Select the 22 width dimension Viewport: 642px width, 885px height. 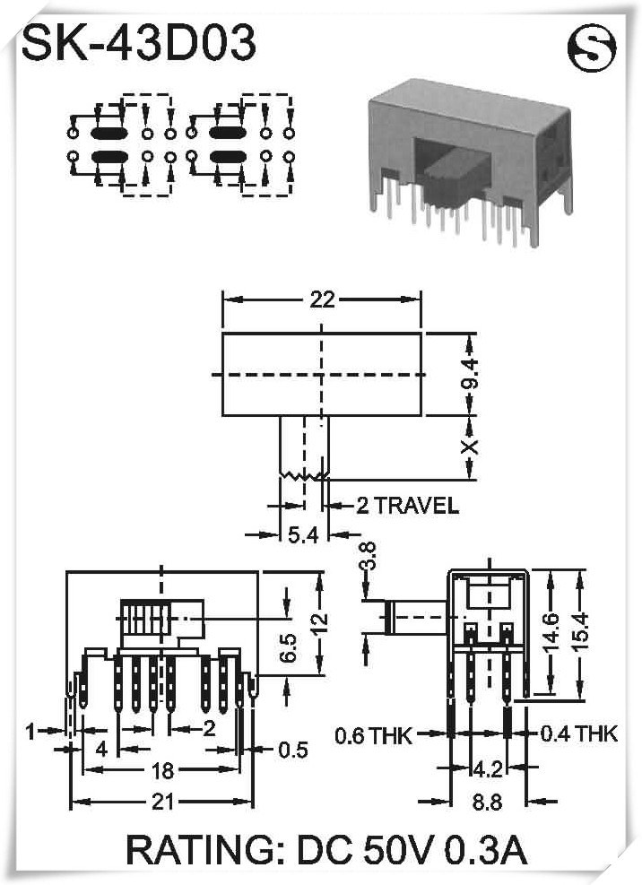click(321, 300)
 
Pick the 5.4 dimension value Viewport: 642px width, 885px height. click(302, 535)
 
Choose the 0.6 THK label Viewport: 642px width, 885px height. click(373, 737)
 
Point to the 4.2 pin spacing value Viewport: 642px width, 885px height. click(486, 768)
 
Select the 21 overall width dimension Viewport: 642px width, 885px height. click(161, 803)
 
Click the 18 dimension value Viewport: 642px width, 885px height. click(161, 770)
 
